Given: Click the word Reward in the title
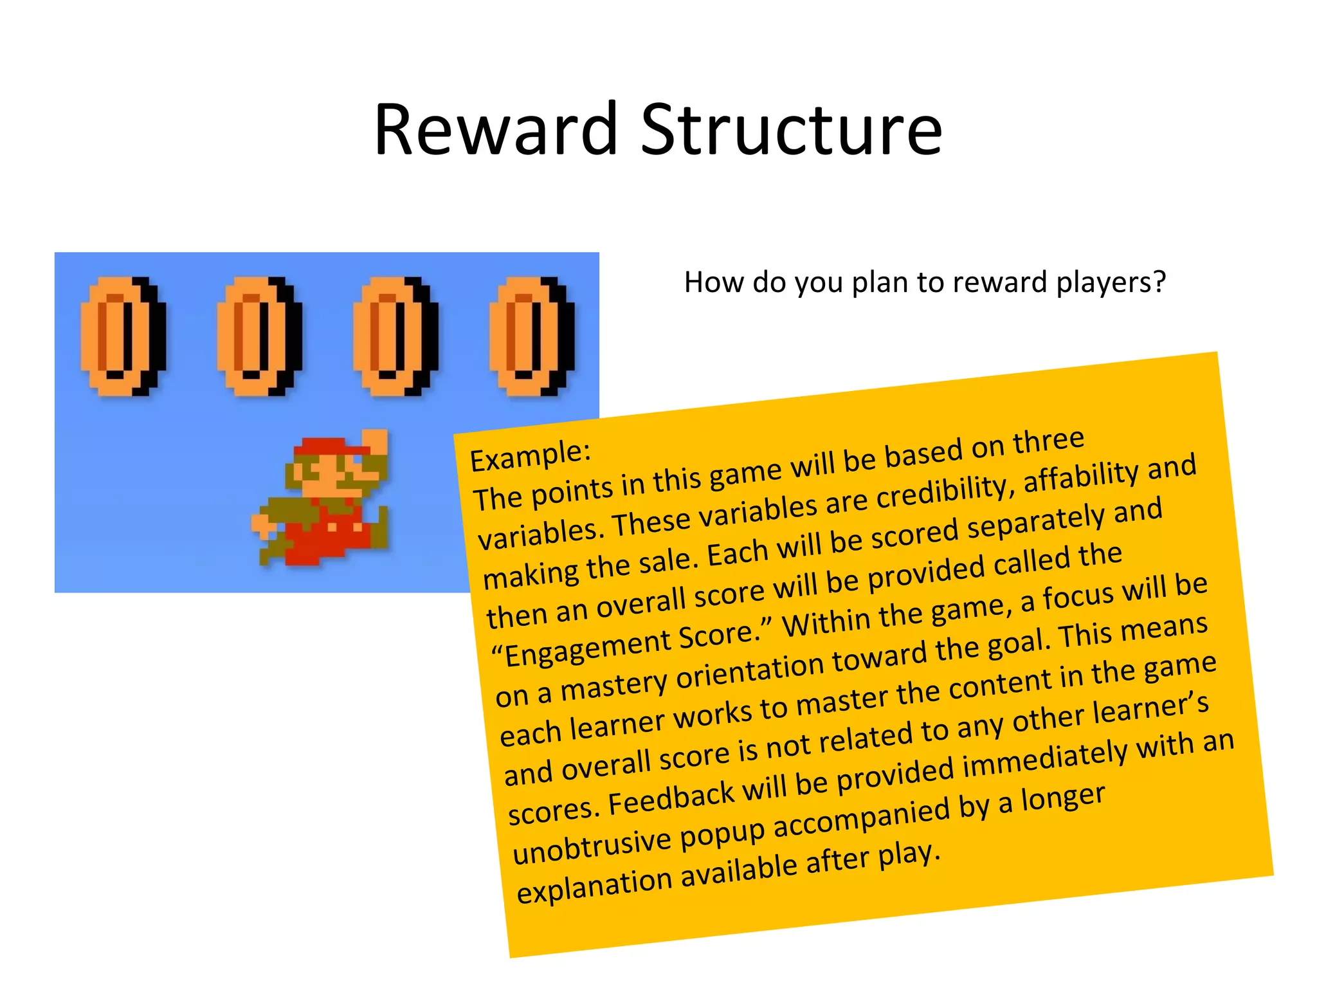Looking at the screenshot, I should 496,130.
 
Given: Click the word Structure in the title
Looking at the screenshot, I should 792,130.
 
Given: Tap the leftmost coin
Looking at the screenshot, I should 122,335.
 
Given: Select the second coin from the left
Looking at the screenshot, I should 259,335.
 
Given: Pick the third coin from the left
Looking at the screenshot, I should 395,335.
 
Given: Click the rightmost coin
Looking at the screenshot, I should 531,335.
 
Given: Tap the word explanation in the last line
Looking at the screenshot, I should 595,885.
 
